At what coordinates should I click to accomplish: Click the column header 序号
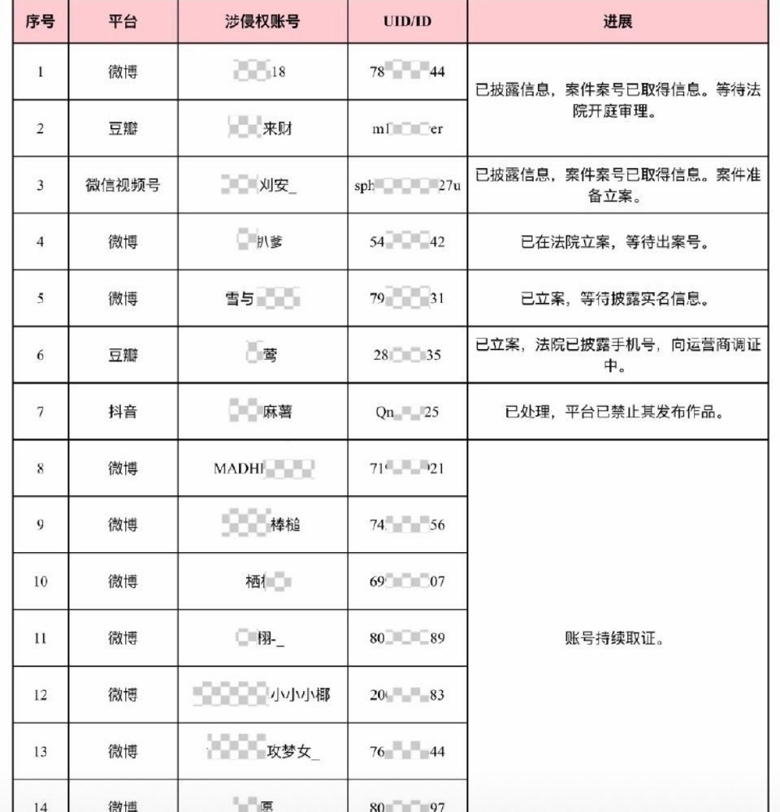[40, 21]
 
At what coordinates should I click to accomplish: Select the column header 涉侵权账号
[262, 21]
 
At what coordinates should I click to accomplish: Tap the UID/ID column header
[407, 21]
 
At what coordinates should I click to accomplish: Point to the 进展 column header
[617, 21]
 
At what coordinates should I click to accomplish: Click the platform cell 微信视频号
[123, 185]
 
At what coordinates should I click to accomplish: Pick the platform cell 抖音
[123, 412]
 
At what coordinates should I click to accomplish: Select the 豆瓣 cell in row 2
[123, 128]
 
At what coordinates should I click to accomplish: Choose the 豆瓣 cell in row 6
[123, 355]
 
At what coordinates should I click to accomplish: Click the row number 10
[41, 581]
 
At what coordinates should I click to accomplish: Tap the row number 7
[41, 412]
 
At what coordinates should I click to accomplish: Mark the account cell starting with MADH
[263, 469]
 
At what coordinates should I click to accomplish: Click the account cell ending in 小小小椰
[262, 695]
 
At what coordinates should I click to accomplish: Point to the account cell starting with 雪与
[262, 299]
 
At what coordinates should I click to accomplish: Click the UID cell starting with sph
[407, 185]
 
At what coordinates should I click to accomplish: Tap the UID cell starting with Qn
[407, 412]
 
